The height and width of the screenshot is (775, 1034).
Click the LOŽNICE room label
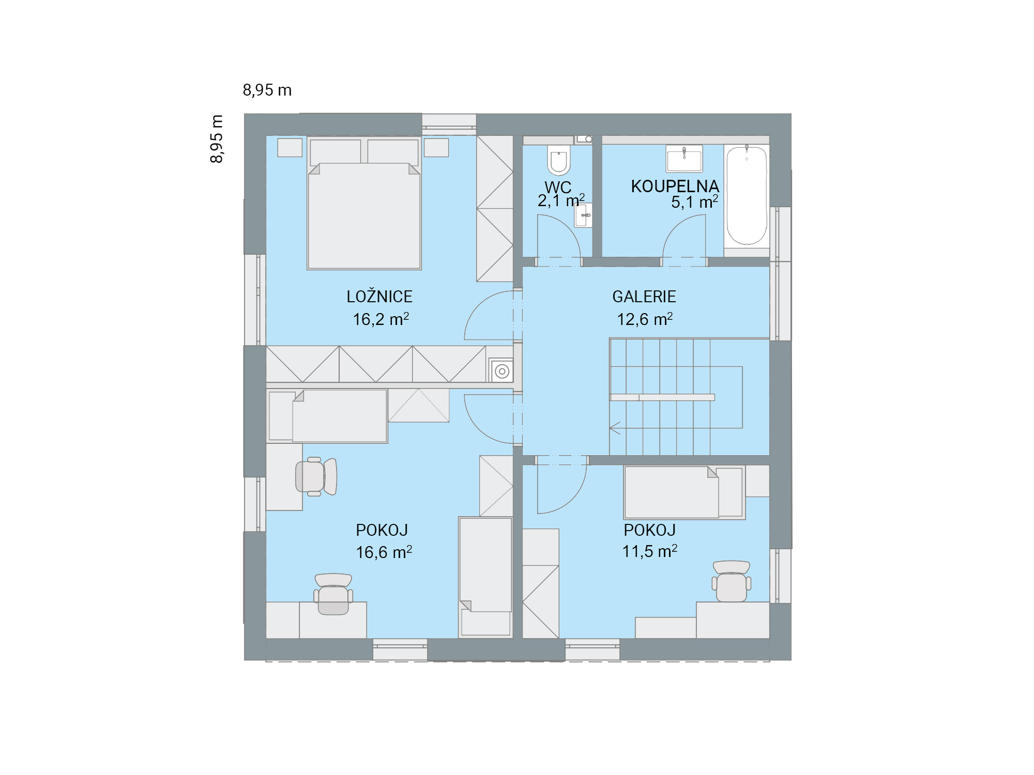[379, 297]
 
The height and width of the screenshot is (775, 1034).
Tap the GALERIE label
[644, 297]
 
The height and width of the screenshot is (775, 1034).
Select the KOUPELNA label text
[675, 187]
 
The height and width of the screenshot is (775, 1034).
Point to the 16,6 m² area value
[384, 552]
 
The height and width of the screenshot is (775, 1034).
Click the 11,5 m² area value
[649, 551]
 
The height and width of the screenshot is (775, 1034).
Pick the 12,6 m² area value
[645, 319]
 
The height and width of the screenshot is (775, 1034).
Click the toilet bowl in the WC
[559, 160]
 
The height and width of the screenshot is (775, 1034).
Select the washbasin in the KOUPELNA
[684, 158]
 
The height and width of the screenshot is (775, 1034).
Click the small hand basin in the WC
[583, 215]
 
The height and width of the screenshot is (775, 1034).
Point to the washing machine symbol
[501, 371]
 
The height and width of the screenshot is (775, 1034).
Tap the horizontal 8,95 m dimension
[267, 90]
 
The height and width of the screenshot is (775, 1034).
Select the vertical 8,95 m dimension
[217, 139]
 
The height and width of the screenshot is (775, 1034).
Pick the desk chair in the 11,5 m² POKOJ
[732, 581]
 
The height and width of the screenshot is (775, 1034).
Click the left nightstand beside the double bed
[290, 147]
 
